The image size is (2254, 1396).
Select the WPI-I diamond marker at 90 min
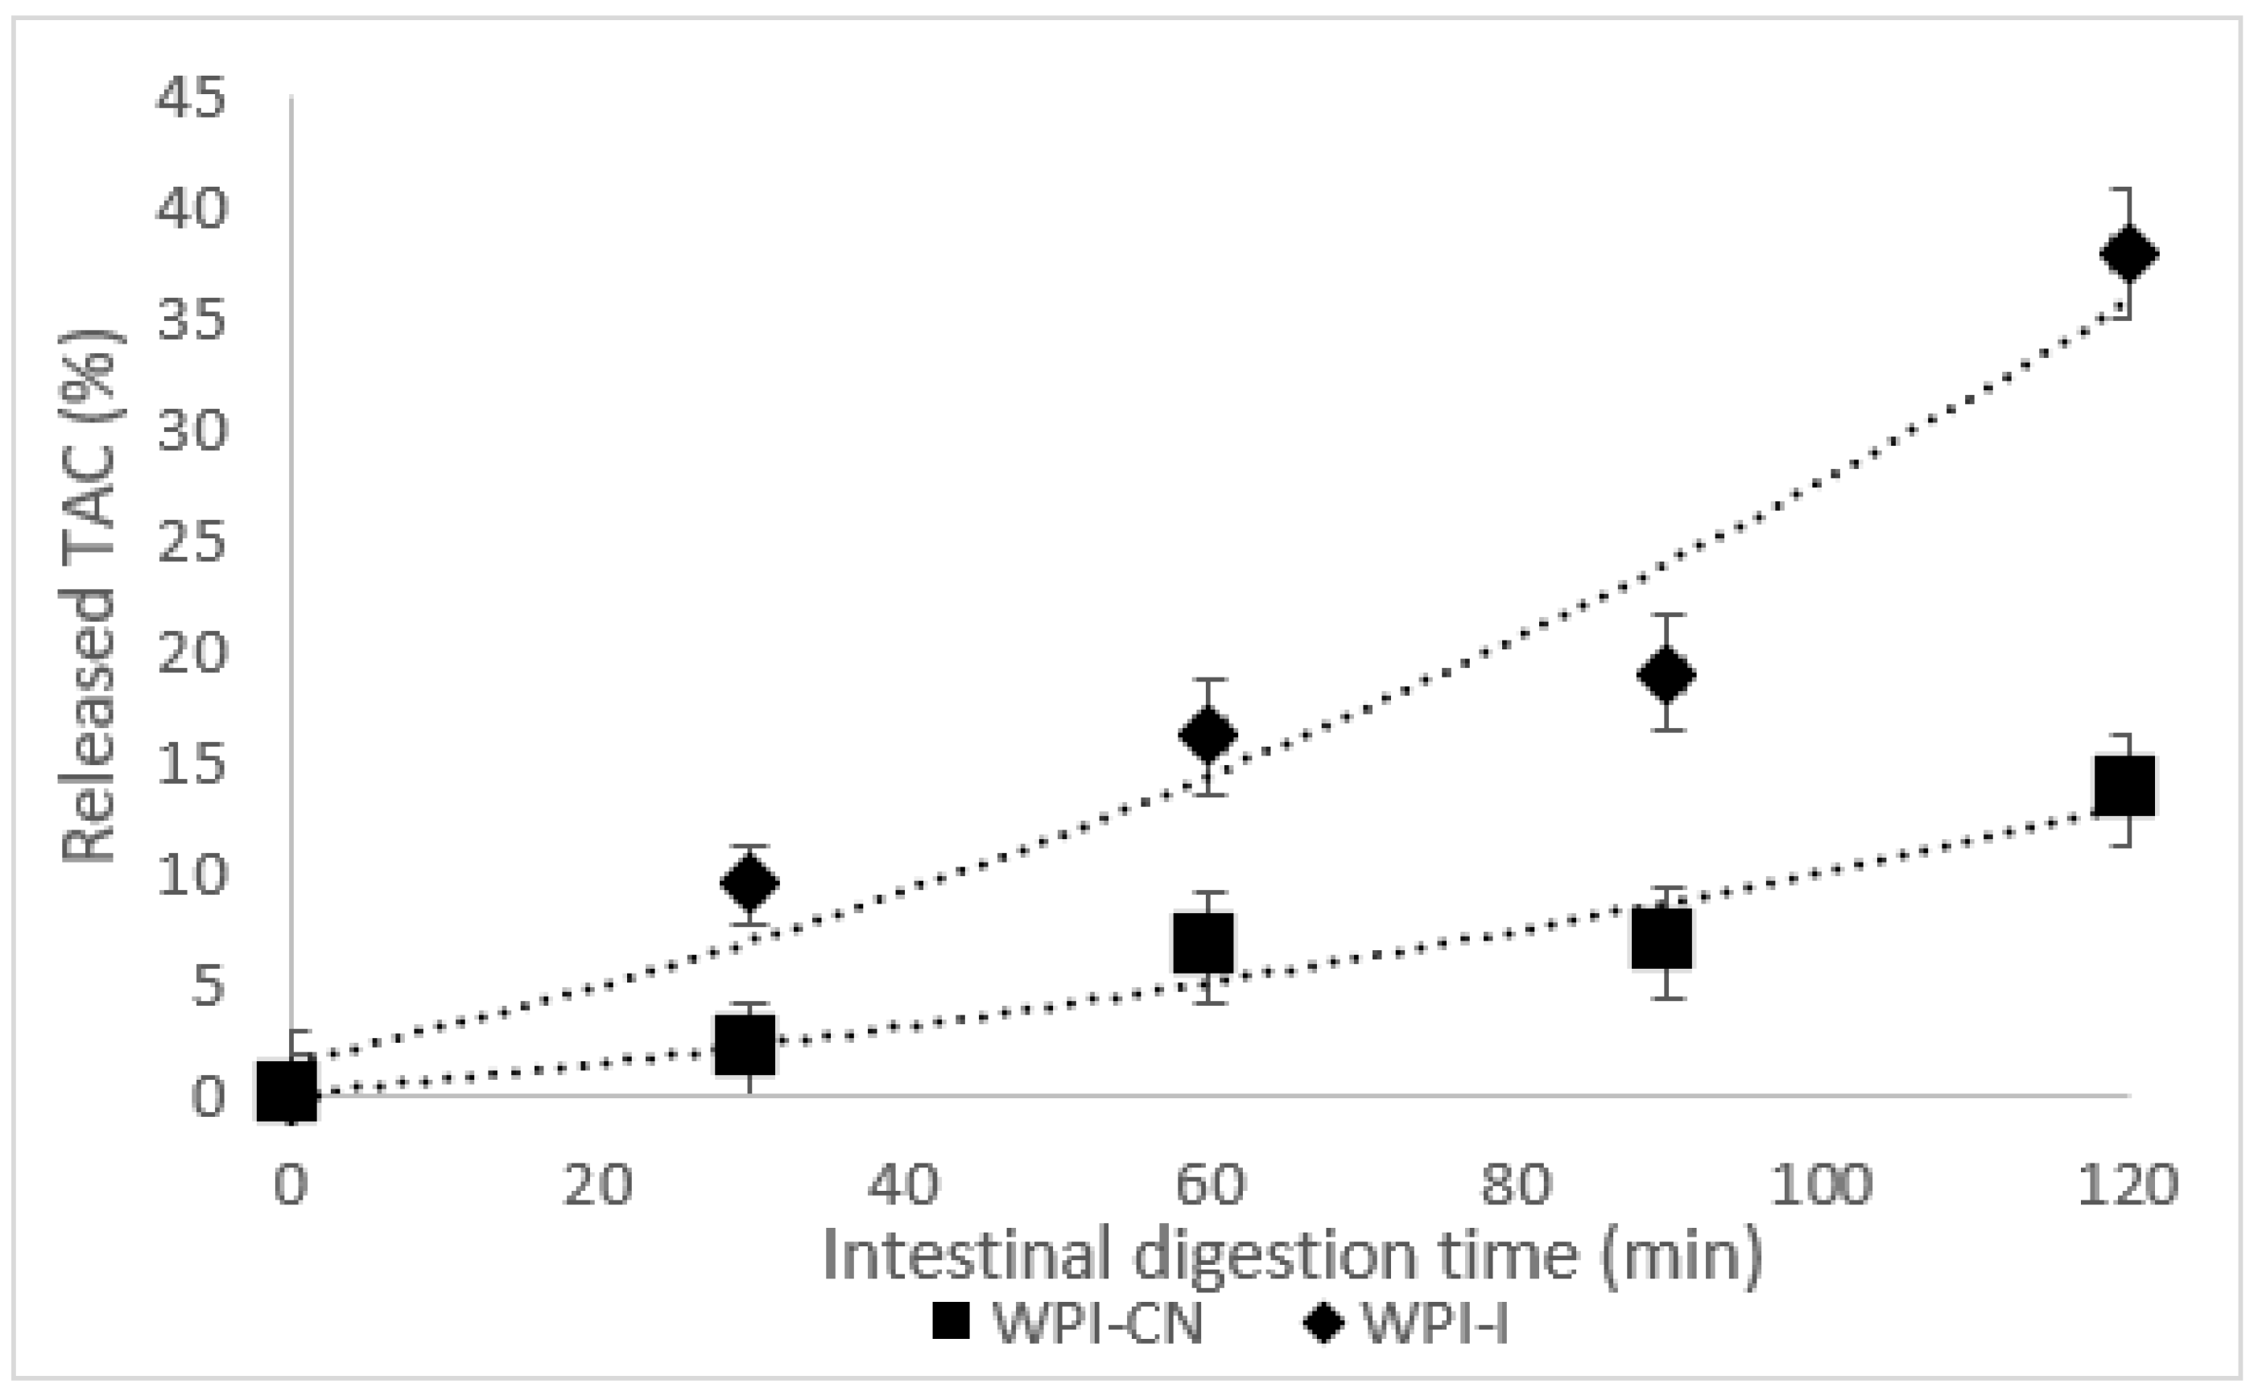coord(1666,674)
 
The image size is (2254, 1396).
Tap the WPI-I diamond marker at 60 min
coord(1207,734)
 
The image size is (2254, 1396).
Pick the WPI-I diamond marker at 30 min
coord(749,883)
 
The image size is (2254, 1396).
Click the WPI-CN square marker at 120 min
coord(2124,786)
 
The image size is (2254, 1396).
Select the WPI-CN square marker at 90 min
coord(1662,939)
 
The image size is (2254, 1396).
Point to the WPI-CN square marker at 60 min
coord(1203,943)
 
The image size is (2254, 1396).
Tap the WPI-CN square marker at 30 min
coord(745,1045)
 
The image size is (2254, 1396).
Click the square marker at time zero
coord(287,1090)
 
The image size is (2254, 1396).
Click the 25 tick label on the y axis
coord(190,542)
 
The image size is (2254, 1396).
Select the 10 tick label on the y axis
coord(190,875)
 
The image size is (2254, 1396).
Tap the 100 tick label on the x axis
coord(1821,1184)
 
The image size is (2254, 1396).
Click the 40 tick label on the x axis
coord(902,1184)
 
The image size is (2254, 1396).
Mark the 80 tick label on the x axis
coord(1515,1184)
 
